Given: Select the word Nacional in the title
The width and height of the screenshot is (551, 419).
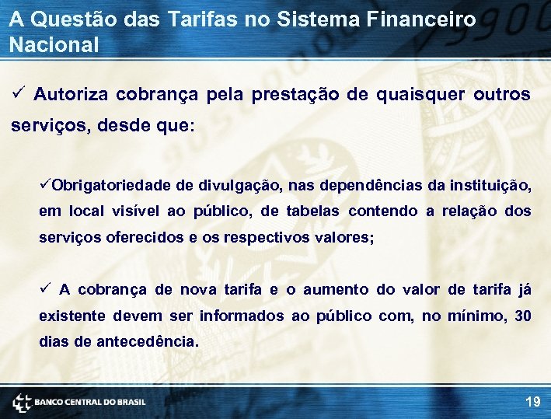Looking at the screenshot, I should (x=54, y=44).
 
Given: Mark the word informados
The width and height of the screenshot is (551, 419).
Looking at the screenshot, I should (x=242, y=316).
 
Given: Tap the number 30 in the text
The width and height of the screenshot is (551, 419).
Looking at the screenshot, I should (x=523, y=316).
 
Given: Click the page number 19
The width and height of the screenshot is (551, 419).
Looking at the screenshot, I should (x=532, y=402).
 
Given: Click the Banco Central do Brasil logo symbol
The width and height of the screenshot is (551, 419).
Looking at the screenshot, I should (x=22, y=402).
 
